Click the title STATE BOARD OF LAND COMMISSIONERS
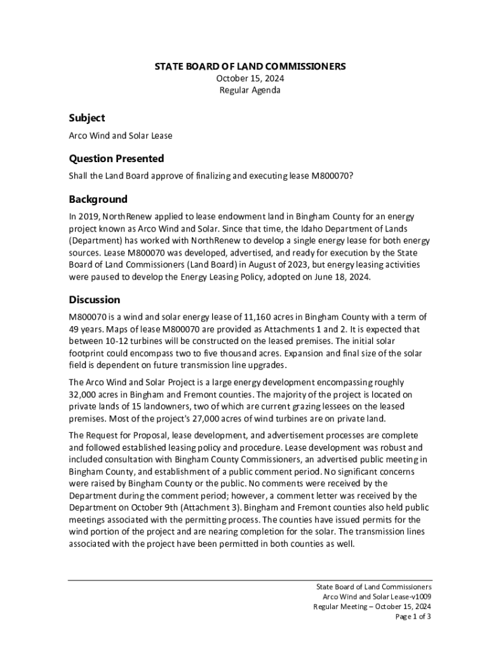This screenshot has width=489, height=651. coord(250,66)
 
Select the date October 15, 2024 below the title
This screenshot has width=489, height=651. coord(250,78)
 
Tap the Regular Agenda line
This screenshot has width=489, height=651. coord(250,90)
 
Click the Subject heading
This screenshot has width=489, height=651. coord(87,118)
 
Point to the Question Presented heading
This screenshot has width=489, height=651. coord(116,158)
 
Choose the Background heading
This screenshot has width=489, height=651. coord(98,199)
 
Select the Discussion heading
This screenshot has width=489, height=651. coord(95,299)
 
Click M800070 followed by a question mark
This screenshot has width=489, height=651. coord(332,176)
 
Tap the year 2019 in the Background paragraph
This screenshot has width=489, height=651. coord(88,217)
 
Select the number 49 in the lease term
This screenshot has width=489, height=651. coord(74,329)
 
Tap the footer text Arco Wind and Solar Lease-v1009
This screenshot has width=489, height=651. coord(377,596)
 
